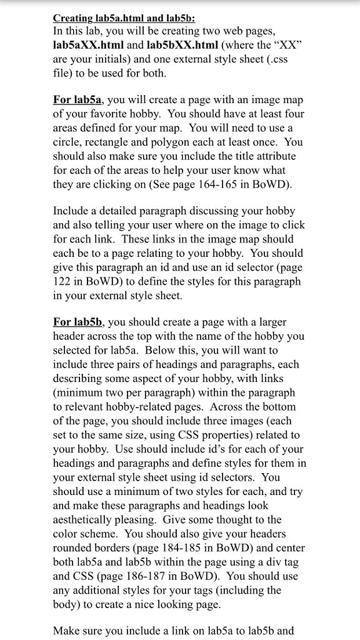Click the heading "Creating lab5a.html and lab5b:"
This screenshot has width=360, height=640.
tap(124, 19)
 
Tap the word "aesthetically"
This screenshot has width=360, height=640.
tap(86, 519)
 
